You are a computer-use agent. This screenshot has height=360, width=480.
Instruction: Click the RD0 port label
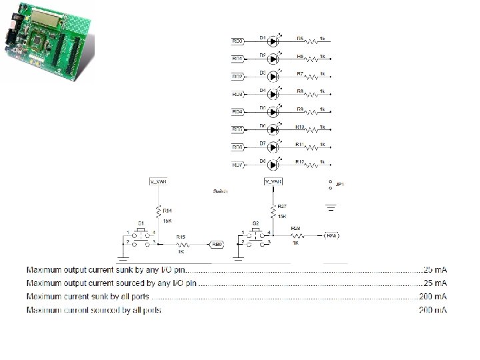tap(237, 41)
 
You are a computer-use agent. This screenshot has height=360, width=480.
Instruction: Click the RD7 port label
tap(237, 165)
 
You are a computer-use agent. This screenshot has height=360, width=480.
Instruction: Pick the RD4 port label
tap(237, 111)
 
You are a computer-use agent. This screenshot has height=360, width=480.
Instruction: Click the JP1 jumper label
tap(339, 184)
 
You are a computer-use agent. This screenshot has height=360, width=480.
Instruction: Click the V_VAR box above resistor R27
tap(273, 181)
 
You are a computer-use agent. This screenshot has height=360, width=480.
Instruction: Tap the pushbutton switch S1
tap(141, 238)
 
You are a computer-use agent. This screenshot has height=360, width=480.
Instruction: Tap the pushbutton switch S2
tap(255, 238)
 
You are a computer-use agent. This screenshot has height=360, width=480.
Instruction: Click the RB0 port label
tap(216, 245)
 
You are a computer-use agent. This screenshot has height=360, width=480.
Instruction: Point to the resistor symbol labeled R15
tap(181, 244)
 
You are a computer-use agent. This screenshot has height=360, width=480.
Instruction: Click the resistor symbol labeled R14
tap(158, 212)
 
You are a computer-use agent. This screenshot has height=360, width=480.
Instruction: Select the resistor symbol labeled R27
tap(273, 212)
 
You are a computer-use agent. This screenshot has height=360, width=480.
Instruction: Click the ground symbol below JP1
tap(331, 207)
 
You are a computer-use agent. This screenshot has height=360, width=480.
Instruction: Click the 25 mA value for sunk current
tap(434, 270)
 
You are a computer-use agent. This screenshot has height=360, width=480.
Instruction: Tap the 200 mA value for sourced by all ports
tap(433, 310)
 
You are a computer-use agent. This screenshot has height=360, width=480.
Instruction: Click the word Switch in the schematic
tap(221, 191)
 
